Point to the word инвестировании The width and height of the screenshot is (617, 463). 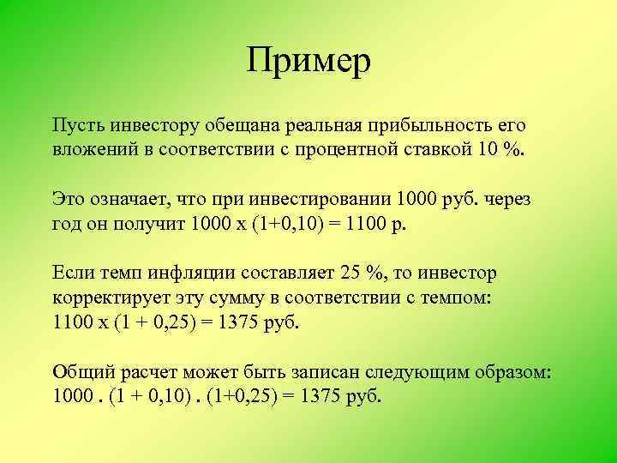pyautogui.click(x=319, y=200)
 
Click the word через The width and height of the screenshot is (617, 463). pyautogui.click(x=508, y=200)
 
